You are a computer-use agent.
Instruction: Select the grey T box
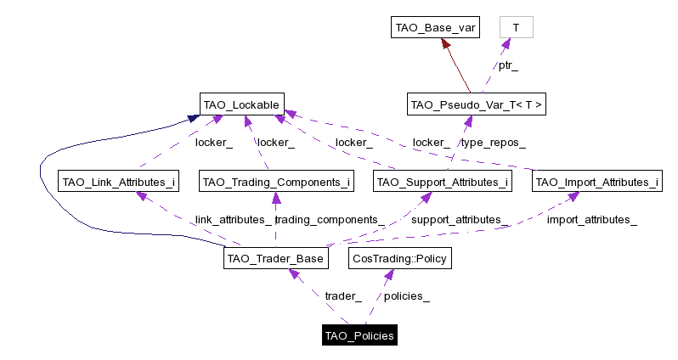(x=516, y=28)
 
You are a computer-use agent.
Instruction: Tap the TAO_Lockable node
(x=241, y=104)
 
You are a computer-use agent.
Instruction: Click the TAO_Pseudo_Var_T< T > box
(x=476, y=105)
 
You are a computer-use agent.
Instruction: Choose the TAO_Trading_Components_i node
(x=276, y=182)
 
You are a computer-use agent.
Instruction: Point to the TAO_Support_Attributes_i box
(x=442, y=182)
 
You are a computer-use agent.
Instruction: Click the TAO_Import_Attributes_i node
(x=596, y=182)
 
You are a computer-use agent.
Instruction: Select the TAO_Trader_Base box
(x=275, y=258)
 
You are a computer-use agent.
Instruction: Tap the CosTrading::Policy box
(x=398, y=258)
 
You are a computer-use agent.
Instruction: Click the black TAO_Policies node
(x=359, y=335)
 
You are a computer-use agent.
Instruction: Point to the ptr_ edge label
(x=508, y=65)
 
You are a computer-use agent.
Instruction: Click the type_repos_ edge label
(x=493, y=143)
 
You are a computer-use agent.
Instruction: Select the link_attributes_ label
(x=234, y=220)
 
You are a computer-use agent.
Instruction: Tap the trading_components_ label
(x=330, y=220)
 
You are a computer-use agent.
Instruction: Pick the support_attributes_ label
(x=460, y=220)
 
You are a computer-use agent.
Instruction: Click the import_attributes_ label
(x=591, y=220)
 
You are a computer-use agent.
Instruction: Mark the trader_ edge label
(x=343, y=296)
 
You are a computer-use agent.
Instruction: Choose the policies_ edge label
(x=407, y=296)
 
